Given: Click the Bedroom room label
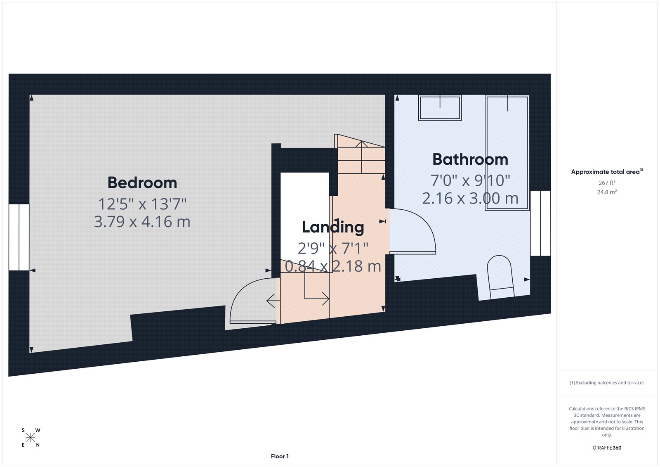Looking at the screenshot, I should (142, 183).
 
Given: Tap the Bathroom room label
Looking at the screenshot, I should (470, 159).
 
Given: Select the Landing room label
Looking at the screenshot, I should (333, 227).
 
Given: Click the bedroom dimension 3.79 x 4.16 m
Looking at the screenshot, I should (142, 222).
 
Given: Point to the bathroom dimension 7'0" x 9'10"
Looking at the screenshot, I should (470, 180).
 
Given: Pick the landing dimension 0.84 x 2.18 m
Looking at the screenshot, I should (333, 266).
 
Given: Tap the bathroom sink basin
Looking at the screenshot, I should (440, 108).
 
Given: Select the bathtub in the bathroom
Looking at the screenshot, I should (507, 153).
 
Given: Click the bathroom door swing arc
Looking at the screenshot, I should (417, 231).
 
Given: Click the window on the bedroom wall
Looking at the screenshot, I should (19, 237).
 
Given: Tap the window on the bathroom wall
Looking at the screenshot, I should (540, 223).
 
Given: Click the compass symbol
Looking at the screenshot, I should (31, 438).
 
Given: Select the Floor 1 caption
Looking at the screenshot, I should (280, 456).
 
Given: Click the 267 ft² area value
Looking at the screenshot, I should (607, 183).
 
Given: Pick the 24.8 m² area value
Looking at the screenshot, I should (607, 192).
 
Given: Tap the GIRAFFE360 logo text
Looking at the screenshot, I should (607, 448).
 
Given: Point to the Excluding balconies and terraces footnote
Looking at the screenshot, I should (607, 383).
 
